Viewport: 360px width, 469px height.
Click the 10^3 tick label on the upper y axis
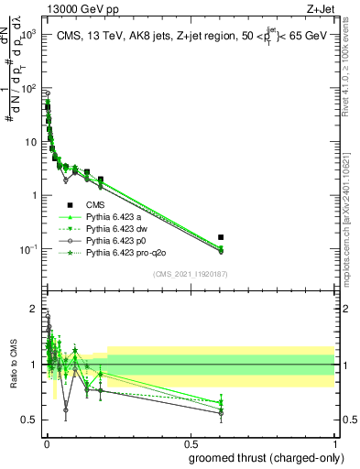point(27,34)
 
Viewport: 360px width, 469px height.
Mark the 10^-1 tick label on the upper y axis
point(27,249)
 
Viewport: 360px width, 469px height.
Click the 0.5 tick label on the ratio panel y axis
point(30,420)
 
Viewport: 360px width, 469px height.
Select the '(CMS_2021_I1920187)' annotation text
point(190,274)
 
